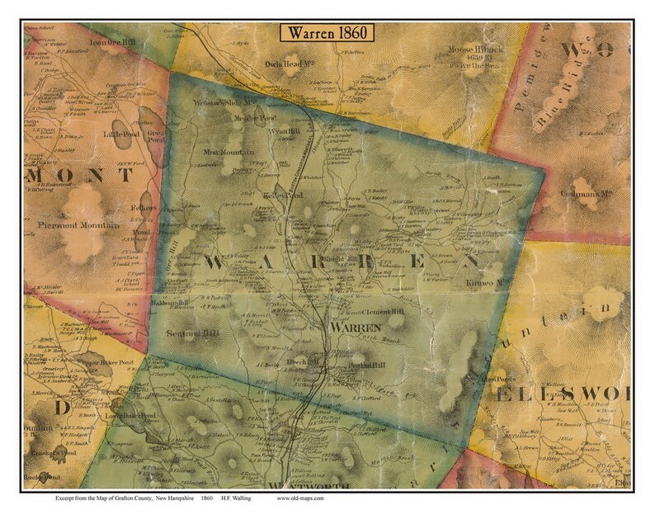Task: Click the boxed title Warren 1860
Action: [327, 32]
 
